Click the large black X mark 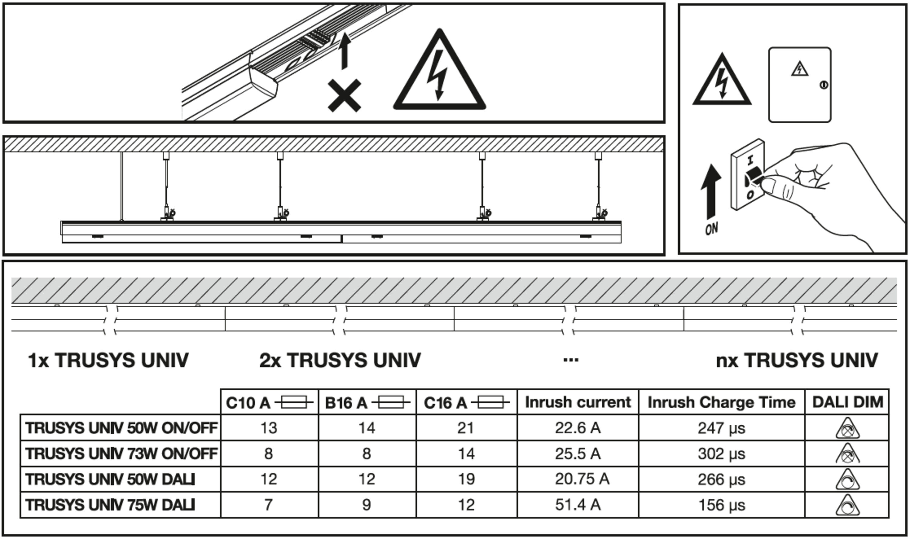click(x=344, y=96)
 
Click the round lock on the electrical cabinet click(x=824, y=85)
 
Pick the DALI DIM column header click(x=848, y=402)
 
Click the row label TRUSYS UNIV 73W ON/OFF click(x=121, y=454)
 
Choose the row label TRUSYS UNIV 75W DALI click(x=110, y=505)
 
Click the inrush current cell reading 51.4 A click(x=577, y=505)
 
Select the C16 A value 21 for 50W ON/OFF click(x=466, y=428)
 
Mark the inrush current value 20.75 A click(x=582, y=479)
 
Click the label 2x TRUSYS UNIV click(x=340, y=361)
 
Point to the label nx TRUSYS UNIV click(x=797, y=361)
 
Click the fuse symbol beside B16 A click(x=391, y=403)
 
